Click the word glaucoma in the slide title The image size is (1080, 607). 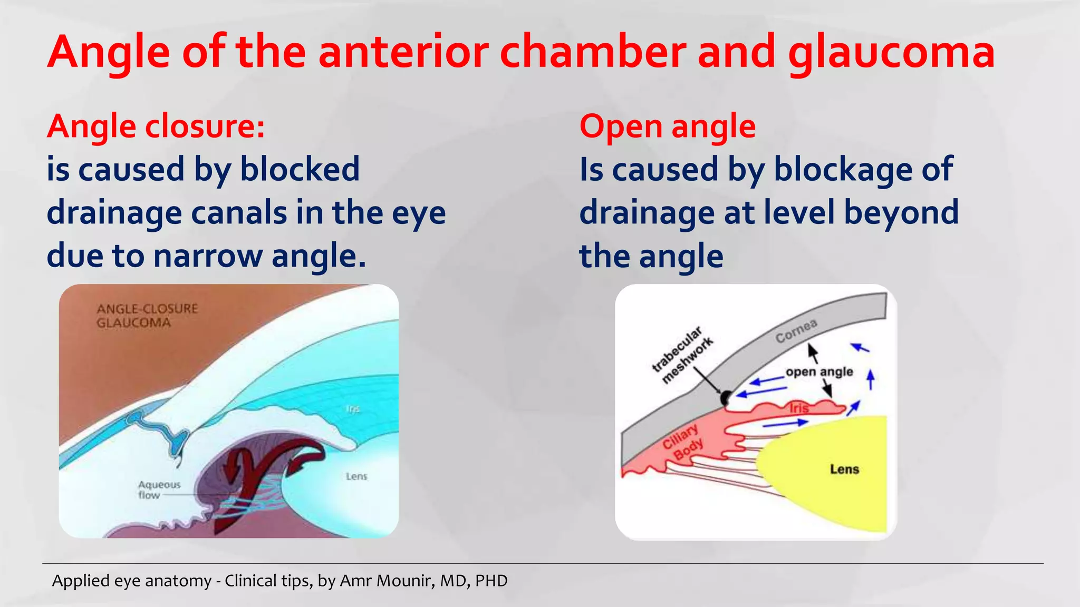click(x=891, y=53)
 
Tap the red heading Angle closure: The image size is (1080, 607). click(x=156, y=127)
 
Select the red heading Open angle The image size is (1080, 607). click(x=667, y=127)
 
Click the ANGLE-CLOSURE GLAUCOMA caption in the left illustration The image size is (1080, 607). click(x=147, y=316)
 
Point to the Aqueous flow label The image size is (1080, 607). click(x=159, y=489)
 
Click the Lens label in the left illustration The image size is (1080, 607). click(x=356, y=476)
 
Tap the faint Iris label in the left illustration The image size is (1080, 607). click(x=353, y=409)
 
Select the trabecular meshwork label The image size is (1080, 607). click(x=682, y=355)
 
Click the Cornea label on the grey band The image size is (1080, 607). click(x=796, y=331)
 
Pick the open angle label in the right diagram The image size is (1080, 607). click(x=819, y=372)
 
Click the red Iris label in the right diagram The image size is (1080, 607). click(x=798, y=408)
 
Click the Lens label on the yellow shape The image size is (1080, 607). click(x=844, y=469)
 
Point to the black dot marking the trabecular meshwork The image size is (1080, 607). click(x=726, y=398)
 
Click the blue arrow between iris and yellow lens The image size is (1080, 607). click(x=785, y=423)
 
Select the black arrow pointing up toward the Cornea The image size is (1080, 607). click(x=813, y=353)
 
